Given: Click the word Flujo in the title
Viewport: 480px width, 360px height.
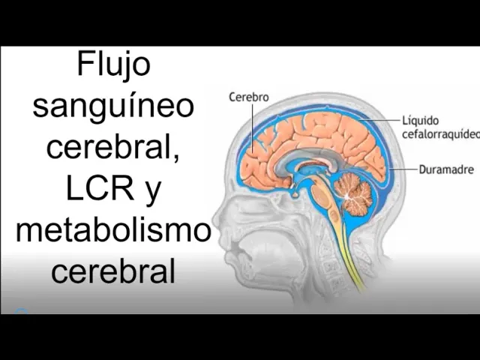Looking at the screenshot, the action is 113,65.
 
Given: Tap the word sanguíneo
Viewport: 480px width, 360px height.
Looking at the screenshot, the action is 113,106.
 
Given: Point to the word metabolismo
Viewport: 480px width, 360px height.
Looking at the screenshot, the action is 113,229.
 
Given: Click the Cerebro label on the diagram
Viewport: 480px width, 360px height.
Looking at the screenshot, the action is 247,97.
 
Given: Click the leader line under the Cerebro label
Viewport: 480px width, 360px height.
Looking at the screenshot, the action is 252,124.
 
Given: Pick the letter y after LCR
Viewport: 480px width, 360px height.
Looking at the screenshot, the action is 152,191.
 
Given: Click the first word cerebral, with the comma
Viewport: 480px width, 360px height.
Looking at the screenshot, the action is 113,147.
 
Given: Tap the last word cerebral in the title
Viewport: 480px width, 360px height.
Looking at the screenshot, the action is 113,271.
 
